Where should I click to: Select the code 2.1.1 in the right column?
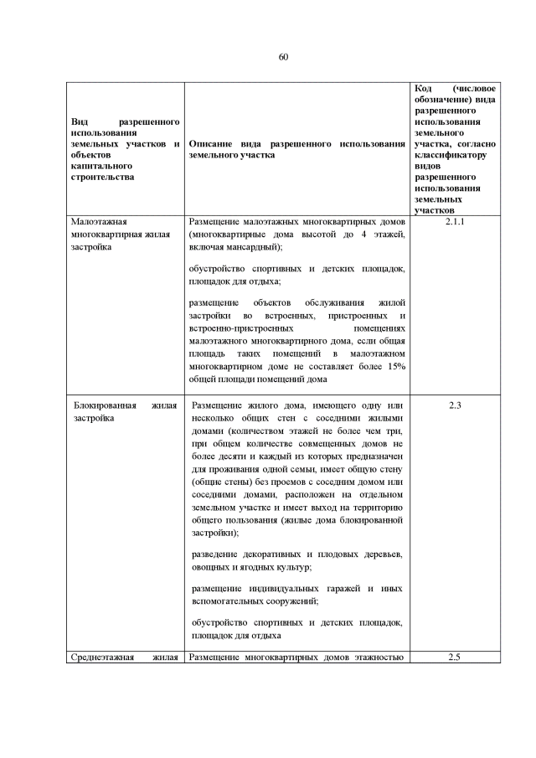456,222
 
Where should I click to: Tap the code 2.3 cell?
456,405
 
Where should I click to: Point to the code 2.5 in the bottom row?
456,657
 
